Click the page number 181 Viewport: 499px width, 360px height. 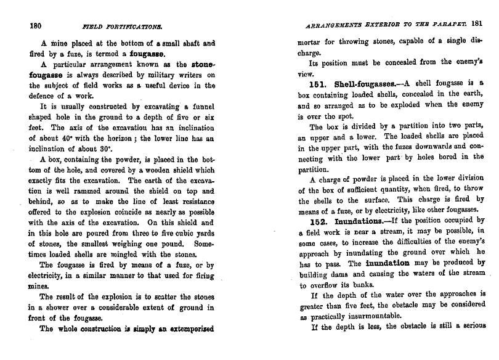click(x=476, y=25)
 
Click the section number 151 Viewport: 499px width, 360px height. click(x=320, y=83)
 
